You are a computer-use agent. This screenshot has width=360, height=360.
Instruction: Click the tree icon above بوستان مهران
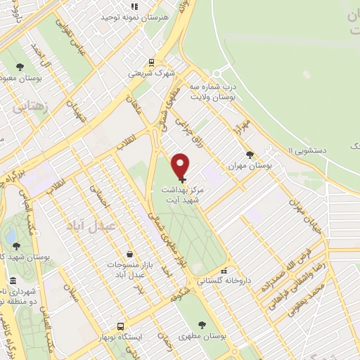point(249,155)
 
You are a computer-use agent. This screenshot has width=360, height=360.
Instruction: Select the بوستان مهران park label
point(250,167)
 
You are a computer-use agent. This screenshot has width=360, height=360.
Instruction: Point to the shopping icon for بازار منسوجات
point(129,254)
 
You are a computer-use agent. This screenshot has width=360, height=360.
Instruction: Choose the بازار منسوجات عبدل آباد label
point(129,269)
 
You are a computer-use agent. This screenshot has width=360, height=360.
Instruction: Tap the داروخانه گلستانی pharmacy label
point(224,280)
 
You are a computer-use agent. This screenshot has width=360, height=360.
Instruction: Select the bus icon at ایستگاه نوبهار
point(121,326)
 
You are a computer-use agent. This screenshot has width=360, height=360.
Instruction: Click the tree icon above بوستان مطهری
point(202,325)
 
